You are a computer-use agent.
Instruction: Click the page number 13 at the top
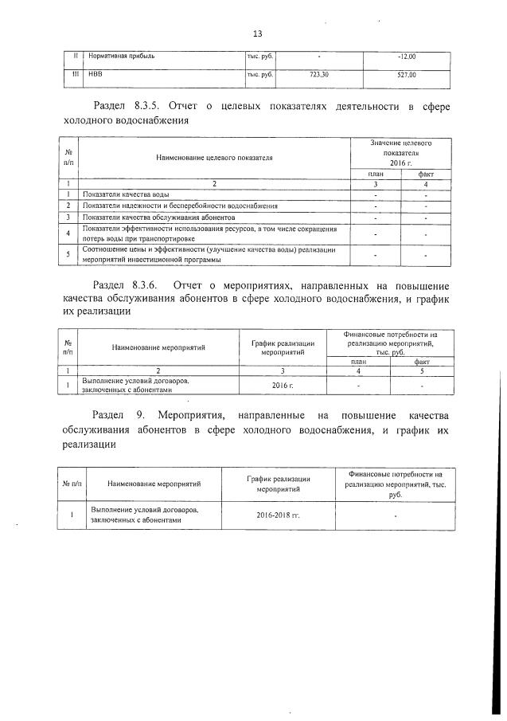(x=257, y=33)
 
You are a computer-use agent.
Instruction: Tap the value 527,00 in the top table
(x=406, y=75)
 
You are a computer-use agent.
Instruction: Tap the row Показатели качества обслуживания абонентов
(x=159, y=217)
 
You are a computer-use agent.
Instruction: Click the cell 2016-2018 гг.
(x=279, y=515)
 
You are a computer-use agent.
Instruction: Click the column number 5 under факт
(x=422, y=370)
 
